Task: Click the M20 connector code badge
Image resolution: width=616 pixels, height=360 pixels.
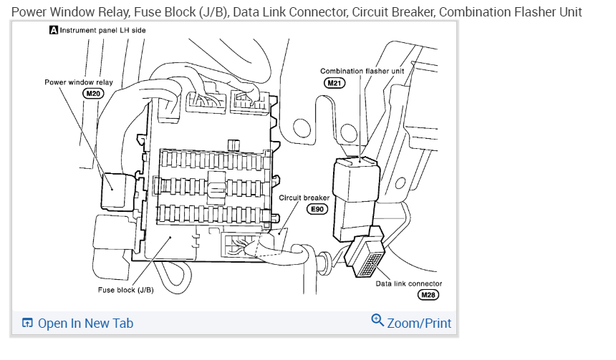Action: pyautogui.click(x=94, y=94)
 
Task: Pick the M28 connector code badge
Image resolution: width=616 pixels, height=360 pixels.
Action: pyautogui.click(x=428, y=295)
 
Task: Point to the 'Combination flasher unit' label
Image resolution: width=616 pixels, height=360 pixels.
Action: pyautogui.click(x=362, y=71)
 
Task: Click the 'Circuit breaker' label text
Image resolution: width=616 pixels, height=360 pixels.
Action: pyautogui.click(x=304, y=198)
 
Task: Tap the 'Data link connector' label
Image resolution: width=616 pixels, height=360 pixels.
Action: pyautogui.click(x=409, y=283)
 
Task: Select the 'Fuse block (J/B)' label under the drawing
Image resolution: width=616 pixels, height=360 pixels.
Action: pyautogui.click(x=126, y=290)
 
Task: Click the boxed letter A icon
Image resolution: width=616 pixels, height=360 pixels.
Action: pyautogui.click(x=53, y=31)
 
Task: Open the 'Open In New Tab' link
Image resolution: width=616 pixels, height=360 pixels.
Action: pyautogui.click(x=85, y=323)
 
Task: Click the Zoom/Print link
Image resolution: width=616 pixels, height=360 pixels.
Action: pyautogui.click(x=419, y=323)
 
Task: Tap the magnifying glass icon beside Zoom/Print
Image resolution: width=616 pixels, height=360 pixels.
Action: pyautogui.click(x=377, y=320)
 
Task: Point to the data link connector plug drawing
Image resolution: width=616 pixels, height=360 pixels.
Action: pyautogui.click(x=366, y=258)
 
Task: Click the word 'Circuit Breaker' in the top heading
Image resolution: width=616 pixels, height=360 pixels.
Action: pyautogui.click(x=393, y=12)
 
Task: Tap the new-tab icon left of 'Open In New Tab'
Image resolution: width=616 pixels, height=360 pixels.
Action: pyautogui.click(x=27, y=323)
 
